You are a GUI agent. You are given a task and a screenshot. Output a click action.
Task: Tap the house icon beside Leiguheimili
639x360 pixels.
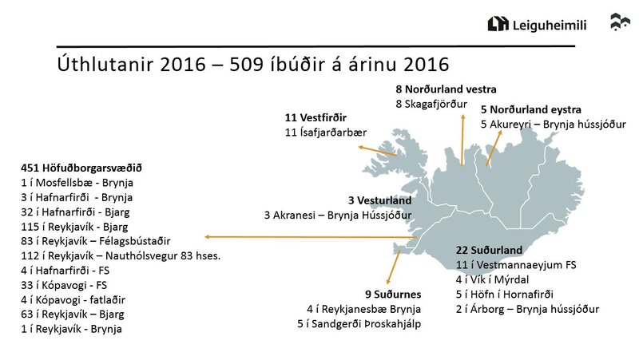[498, 25]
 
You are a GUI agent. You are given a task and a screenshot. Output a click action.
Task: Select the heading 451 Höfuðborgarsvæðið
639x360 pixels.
[81, 168]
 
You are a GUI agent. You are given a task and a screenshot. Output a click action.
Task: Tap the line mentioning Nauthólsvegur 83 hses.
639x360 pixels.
[121, 255]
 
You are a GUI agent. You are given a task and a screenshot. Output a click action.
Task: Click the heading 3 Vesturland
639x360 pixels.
[379, 200]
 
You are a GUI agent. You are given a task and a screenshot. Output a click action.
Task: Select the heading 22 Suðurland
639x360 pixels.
[489, 250]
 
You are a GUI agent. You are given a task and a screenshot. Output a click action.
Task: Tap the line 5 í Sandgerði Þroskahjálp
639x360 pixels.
[359, 323]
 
